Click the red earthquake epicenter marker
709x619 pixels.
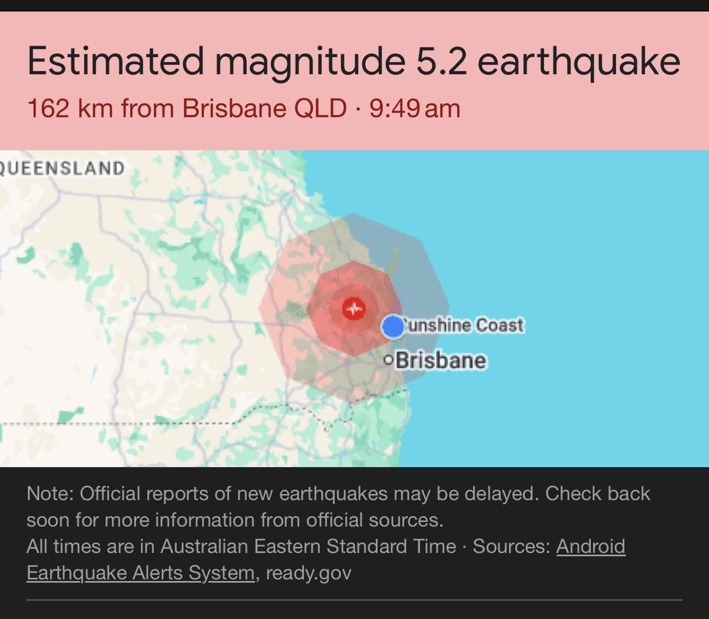(x=354, y=308)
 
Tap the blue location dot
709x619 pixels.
(x=392, y=326)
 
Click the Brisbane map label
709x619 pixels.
(x=441, y=360)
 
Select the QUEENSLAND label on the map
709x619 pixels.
(x=61, y=168)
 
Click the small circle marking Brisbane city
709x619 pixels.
(x=388, y=360)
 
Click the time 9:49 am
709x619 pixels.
(x=415, y=109)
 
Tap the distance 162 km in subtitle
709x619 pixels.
(x=70, y=109)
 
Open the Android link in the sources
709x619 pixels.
(x=590, y=546)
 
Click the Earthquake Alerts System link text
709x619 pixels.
(x=140, y=573)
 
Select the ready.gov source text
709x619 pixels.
(x=308, y=573)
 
